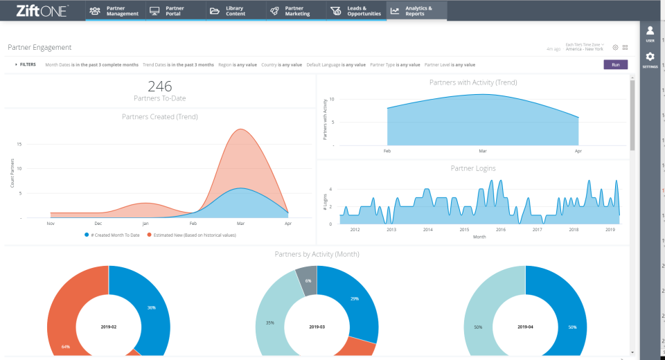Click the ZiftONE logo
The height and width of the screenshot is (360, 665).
(42, 11)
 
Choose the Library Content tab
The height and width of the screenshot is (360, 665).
(236, 11)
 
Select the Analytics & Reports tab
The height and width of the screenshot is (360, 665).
(417, 11)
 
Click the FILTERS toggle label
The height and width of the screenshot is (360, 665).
(26, 64)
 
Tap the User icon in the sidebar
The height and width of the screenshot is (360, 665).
(650, 33)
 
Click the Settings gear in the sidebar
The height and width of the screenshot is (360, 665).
(650, 60)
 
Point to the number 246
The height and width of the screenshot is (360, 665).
(159, 87)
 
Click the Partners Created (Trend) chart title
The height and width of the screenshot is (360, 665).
(159, 116)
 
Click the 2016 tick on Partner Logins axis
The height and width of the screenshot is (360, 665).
(500, 230)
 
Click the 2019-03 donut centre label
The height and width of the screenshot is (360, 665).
(317, 326)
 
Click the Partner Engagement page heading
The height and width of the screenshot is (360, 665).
(39, 48)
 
